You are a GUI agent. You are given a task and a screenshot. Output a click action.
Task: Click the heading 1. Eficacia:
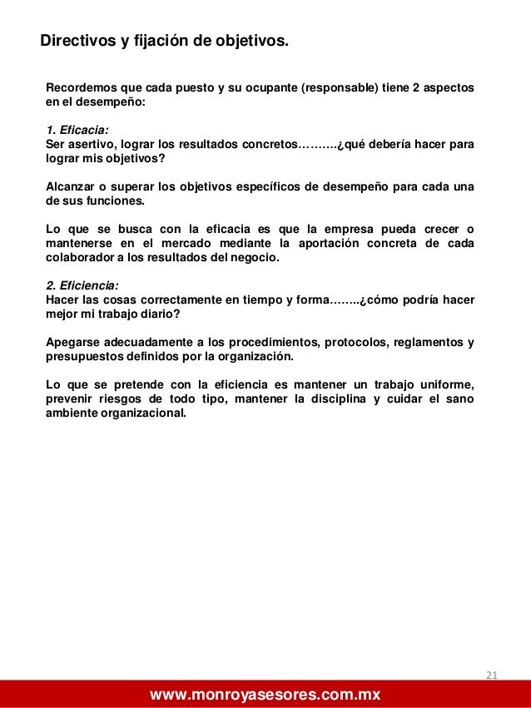pos(77,130)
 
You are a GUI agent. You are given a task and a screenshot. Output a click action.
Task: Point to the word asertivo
pos(93,144)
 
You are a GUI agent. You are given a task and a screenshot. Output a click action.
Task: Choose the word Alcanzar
pos(72,186)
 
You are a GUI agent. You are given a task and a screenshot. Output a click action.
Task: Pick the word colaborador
pos(83,257)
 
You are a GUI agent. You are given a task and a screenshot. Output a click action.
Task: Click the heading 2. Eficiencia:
pos(82,285)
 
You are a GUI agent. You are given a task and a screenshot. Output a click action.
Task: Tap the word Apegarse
pos(73,342)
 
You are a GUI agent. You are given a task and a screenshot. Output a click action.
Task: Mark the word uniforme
pos(445,384)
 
